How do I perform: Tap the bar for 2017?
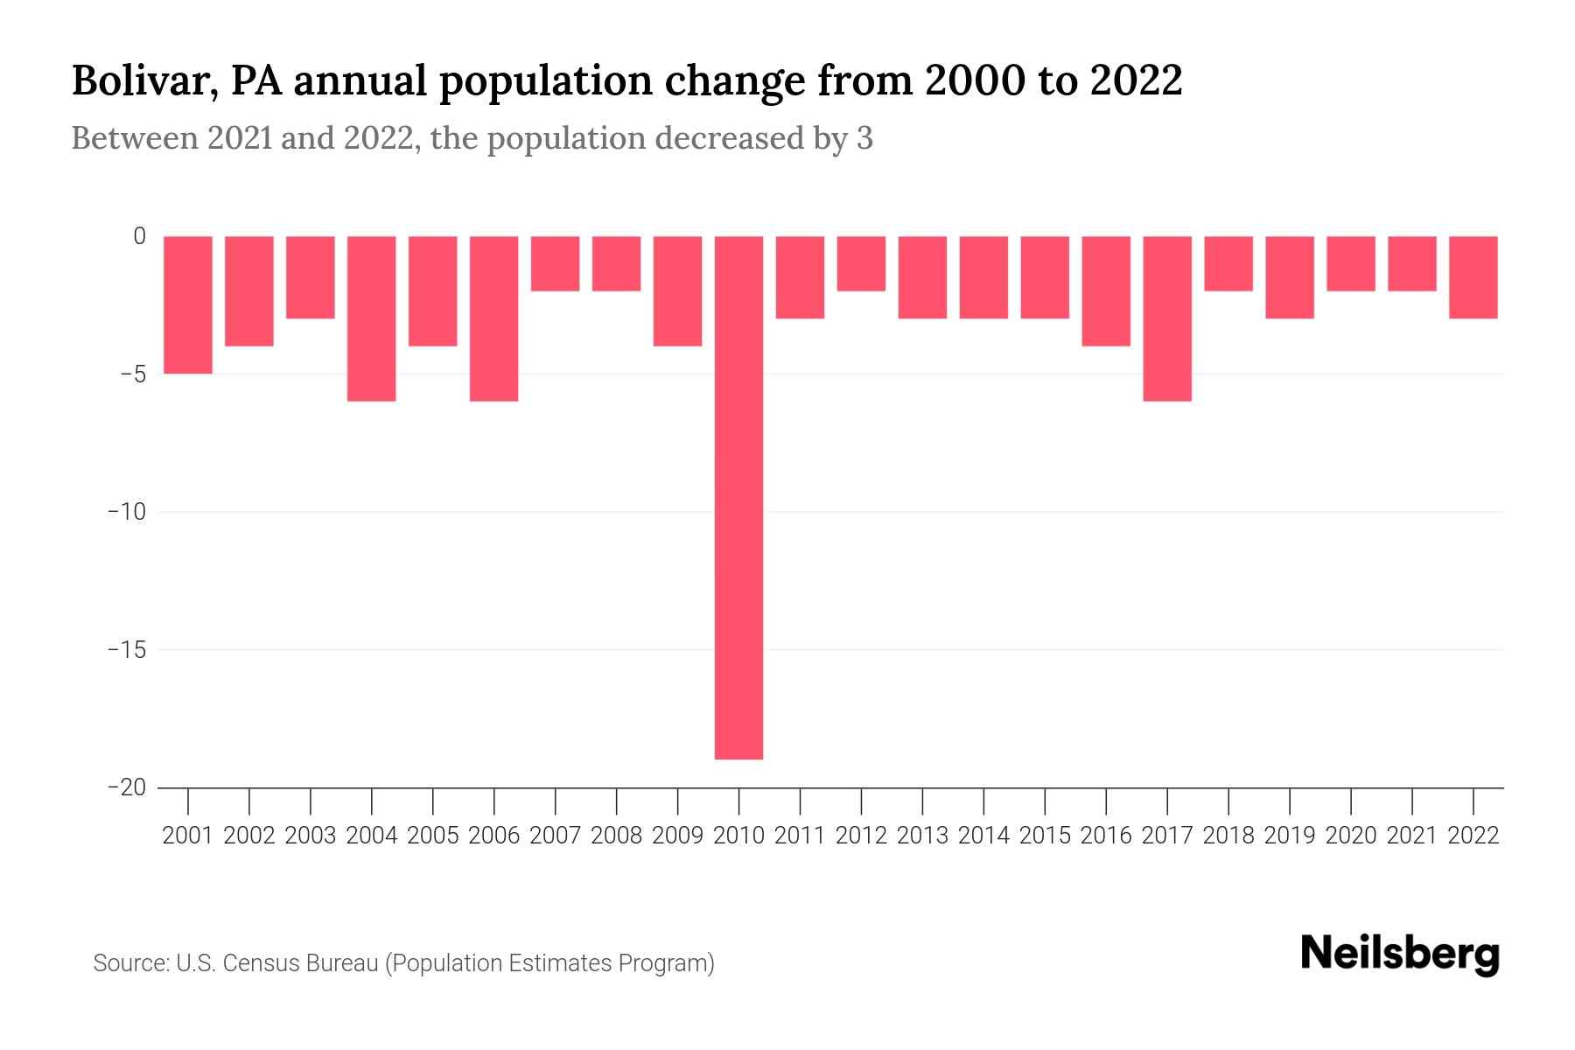1167,318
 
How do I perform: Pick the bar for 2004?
372,318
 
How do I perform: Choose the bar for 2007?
556,263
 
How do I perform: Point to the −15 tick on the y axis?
127,650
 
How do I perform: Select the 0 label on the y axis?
139,236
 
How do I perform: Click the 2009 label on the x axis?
678,836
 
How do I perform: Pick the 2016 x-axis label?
1106,836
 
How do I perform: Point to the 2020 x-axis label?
1351,836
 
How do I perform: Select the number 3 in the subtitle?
864,138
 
